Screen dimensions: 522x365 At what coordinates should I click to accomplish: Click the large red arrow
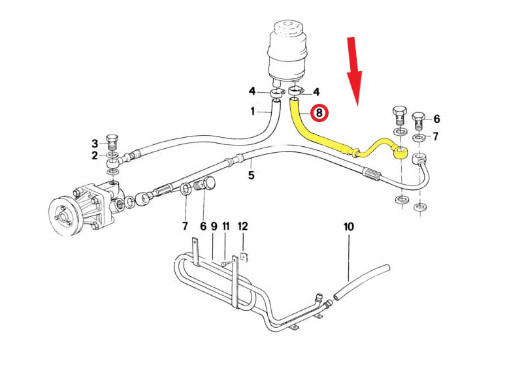[354, 72]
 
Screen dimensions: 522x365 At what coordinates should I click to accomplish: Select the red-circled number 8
[319, 113]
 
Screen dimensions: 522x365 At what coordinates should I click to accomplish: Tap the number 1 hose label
[253, 111]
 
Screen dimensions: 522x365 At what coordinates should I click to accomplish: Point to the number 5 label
[252, 175]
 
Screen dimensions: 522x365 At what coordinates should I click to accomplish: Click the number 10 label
[349, 227]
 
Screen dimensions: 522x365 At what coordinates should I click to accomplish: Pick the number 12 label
[242, 227]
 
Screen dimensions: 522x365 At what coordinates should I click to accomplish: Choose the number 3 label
[95, 144]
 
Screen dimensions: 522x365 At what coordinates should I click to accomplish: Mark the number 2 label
[95, 155]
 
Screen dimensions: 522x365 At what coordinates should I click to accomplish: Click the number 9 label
[214, 227]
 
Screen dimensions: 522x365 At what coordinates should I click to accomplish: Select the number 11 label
[226, 227]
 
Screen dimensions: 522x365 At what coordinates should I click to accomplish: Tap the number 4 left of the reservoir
[252, 91]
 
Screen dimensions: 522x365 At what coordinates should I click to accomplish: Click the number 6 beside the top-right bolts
[436, 119]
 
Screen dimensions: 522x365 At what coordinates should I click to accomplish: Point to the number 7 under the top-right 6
[436, 136]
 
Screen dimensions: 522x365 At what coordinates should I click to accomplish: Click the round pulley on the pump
[64, 217]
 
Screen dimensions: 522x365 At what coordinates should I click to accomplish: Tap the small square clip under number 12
[244, 257]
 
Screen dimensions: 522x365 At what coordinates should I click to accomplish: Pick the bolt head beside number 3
[112, 138]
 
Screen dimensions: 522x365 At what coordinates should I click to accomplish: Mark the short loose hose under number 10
[361, 282]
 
